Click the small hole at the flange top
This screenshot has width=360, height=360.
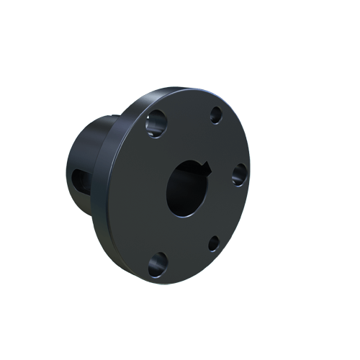point(215,114)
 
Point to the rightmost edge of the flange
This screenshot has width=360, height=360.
point(250,180)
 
